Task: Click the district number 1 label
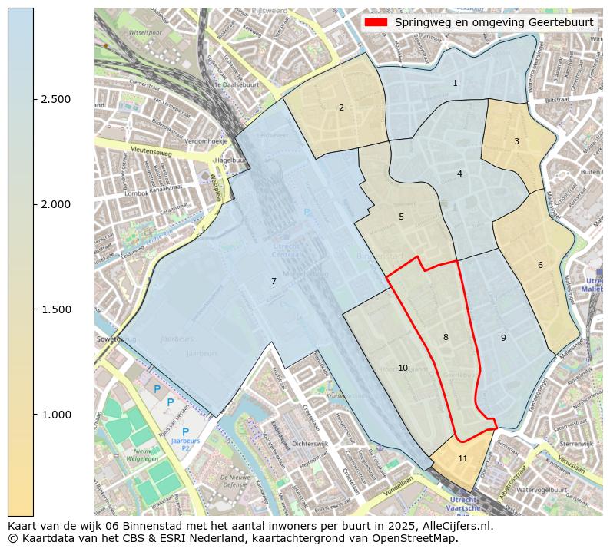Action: point(455,83)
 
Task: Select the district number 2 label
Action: point(341,107)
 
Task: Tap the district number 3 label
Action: point(516,141)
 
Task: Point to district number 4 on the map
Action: point(459,174)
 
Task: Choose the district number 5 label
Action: point(401,217)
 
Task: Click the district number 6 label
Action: point(540,265)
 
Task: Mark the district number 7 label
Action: point(274,281)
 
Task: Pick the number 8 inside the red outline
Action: point(446,337)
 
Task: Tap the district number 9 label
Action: point(503,338)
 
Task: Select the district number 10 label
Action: point(403,369)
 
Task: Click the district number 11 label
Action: point(462,458)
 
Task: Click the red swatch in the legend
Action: point(376,22)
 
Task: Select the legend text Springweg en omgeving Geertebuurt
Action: point(494,22)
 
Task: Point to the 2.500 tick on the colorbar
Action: point(55,99)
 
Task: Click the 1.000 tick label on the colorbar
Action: point(55,415)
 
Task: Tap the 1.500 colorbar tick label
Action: point(55,309)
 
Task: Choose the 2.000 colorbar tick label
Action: point(55,204)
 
